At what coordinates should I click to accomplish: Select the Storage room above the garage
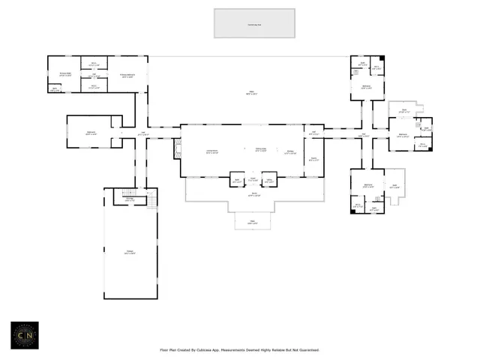pyautogui.click(x=129, y=199)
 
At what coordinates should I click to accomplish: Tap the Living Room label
pyautogui.click(x=211, y=151)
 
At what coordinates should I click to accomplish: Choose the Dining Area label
pyautogui.click(x=260, y=150)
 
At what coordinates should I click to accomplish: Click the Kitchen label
pyautogui.click(x=291, y=152)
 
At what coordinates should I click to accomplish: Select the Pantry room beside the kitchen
pyautogui.click(x=313, y=159)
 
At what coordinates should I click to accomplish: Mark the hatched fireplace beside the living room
pyautogui.click(x=177, y=148)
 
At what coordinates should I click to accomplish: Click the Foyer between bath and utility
pyautogui.click(x=253, y=180)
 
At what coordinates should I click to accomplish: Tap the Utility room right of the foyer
pyautogui.click(x=268, y=180)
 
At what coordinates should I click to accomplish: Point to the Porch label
pyautogui.click(x=254, y=196)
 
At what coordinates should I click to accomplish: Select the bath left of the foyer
pyautogui.click(x=237, y=180)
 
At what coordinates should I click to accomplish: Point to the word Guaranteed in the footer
pyautogui.click(x=305, y=349)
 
